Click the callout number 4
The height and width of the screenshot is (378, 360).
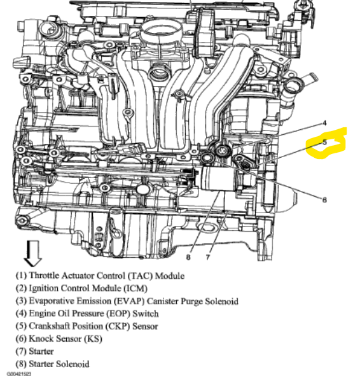point(324,123)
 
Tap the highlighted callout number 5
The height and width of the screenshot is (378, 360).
point(325,143)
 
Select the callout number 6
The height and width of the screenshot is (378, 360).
point(324,200)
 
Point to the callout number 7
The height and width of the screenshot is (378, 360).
point(208,257)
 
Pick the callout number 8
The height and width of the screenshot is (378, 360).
point(188,257)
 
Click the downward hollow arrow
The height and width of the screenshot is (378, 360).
point(33,253)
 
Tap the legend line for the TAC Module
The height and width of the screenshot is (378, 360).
point(100,276)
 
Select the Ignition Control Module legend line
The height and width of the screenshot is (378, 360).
point(81,288)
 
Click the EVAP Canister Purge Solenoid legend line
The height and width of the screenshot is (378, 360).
point(127,301)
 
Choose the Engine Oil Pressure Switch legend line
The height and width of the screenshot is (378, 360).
point(87,313)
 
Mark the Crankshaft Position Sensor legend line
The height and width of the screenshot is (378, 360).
point(87,326)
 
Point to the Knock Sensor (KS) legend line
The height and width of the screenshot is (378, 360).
point(59,339)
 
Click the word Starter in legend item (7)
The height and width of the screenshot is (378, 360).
point(41,351)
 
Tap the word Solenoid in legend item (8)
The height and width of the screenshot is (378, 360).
point(74,364)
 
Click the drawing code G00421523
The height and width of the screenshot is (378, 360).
point(19,374)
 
